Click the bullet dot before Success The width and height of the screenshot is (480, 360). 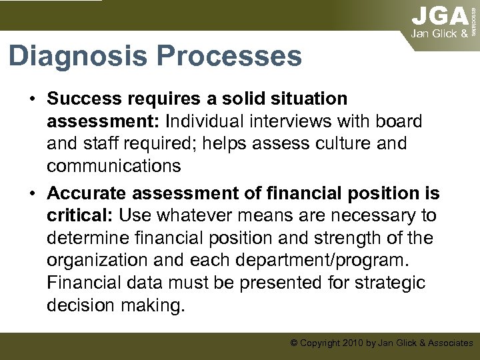pos(32,100)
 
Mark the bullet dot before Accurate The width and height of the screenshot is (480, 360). pos(32,194)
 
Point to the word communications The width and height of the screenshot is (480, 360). pos(114,167)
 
